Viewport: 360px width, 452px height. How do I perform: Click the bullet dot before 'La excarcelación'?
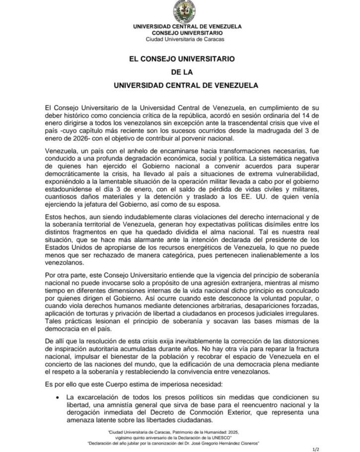(x=58, y=397)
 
